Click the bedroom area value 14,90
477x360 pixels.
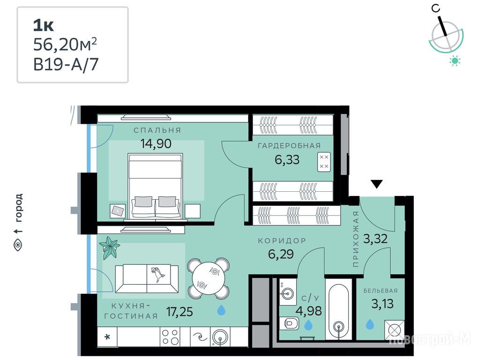tap(156, 143)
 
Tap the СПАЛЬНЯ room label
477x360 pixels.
tap(157, 130)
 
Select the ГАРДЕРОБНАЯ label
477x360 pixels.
tap(289, 146)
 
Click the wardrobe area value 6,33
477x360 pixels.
tap(287, 159)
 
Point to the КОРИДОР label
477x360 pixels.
tap(282, 241)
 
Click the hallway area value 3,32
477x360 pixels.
tap(375, 239)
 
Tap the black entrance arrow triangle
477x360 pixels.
tap(377, 184)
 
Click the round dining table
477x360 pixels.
tap(209, 278)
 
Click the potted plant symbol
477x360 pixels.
tap(109, 247)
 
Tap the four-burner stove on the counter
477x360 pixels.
tap(170, 337)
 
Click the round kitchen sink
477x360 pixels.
tap(220, 337)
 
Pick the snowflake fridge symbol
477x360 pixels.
tap(107, 337)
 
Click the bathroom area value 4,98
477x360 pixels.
tap(309, 311)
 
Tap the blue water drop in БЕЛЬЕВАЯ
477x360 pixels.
tap(370, 324)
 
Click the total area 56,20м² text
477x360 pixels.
tap(65, 45)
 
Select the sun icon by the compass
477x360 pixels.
tap(455, 61)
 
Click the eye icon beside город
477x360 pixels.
tap(18, 245)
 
